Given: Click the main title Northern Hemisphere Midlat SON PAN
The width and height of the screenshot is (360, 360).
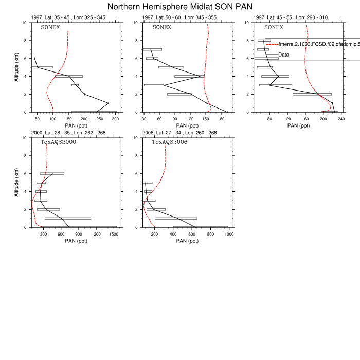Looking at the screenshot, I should pyautogui.click(x=180, y=7).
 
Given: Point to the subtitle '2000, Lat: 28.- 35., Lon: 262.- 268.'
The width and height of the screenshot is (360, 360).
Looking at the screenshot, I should pyautogui.click(x=69, y=133).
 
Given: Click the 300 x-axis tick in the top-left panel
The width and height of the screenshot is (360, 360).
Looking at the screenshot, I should pyautogui.click(x=116, y=118).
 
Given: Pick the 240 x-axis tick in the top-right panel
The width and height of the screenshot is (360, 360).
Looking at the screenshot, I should pyautogui.click(x=341, y=118).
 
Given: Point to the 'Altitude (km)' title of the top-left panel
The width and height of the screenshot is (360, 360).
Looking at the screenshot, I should pyautogui.click(x=17, y=67).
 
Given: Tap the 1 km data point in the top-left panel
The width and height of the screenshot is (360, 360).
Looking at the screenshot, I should pyautogui.click(x=107, y=103).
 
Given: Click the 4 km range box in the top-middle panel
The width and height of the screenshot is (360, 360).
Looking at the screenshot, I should pyautogui.click(x=189, y=76).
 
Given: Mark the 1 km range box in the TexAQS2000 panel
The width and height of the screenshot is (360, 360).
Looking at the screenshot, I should pyautogui.click(x=67, y=218).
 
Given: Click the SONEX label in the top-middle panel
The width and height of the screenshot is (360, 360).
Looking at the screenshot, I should pyautogui.click(x=161, y=27).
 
